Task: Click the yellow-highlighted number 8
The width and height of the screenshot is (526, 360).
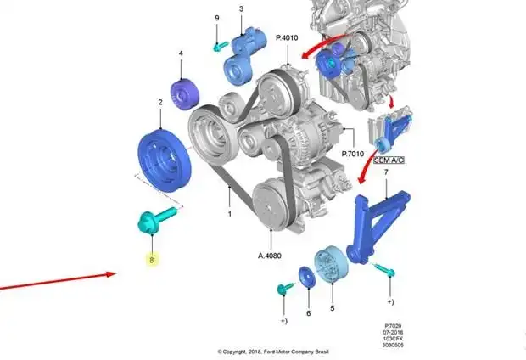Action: pyautogui.click(x=152, y=260)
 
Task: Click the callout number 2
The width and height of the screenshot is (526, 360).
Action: pyautogui.click(x=159, y=103)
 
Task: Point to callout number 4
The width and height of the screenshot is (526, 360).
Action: pyautogui.click(x=180, y=54)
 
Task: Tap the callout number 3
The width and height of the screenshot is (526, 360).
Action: pyautogui.click(x=241, y=9)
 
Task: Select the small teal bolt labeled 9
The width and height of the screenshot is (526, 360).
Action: pyautogui.click(x=218, y=42)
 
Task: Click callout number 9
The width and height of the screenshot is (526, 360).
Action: pyautogui.click(x=216, y=18)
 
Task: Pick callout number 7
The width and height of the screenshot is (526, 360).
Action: pyautogui.click(x=386, y=172)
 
